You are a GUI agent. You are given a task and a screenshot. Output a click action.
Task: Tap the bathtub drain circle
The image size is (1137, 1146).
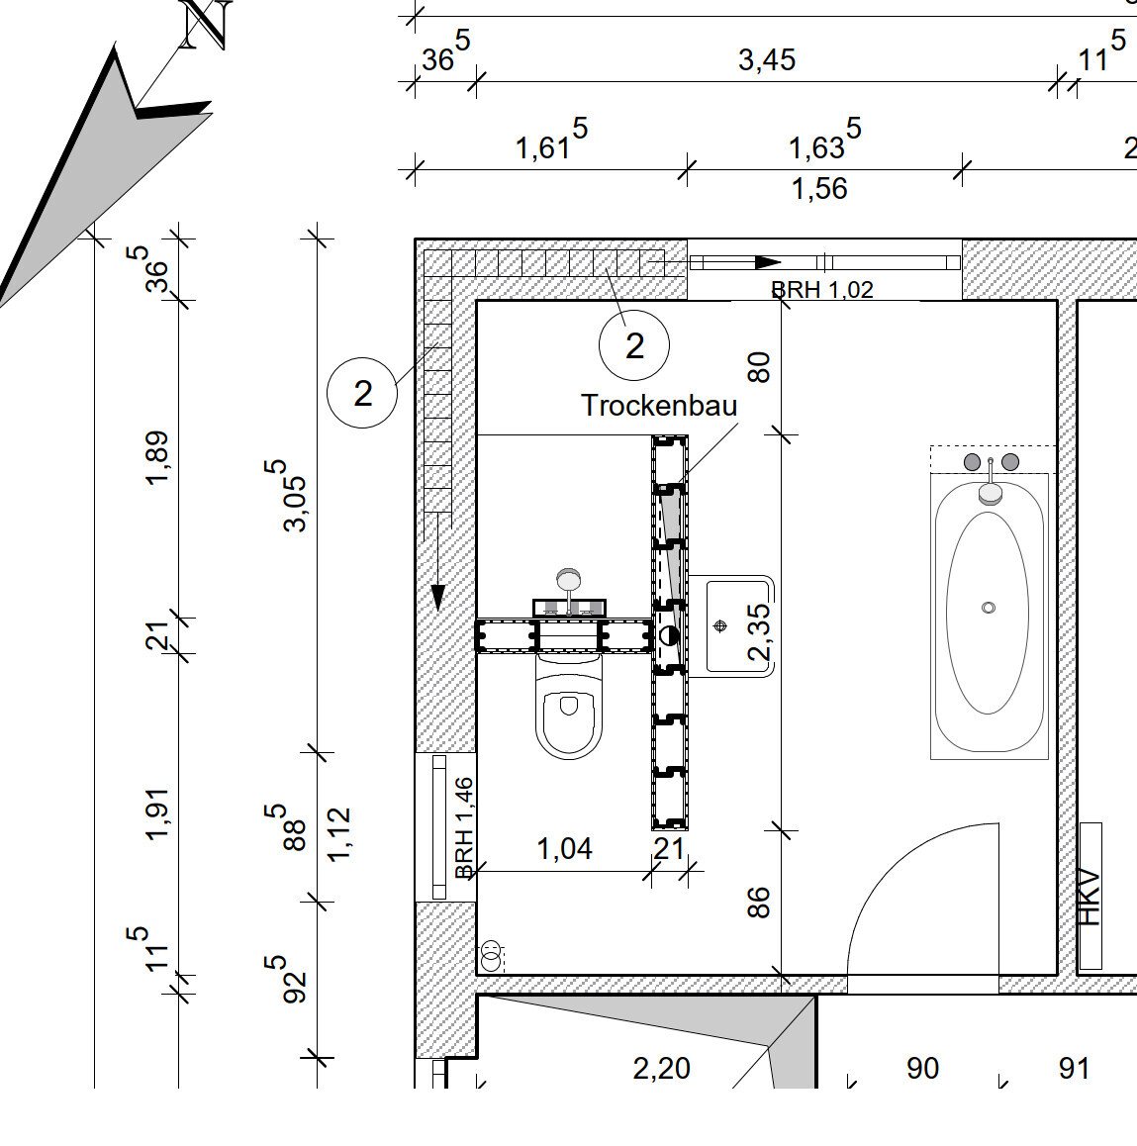(x=988, y=608)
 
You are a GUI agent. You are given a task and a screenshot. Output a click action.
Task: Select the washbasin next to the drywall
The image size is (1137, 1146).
(x=729, y=625)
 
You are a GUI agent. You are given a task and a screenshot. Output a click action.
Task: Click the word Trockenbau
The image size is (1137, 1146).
(x=658, y=405)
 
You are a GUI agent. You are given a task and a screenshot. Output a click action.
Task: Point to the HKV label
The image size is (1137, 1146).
(x=1090, y=897)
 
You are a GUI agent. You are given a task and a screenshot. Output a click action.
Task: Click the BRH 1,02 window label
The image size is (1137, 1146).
(x=821, y=290)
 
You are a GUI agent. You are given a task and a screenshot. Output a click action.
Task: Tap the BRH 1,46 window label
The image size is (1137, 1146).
(x=463, y=827)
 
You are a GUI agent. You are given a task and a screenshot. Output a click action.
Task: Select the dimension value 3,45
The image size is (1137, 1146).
(x=767, y=60)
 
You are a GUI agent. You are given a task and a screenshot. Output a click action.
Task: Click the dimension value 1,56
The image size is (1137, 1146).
(x=819, y=188)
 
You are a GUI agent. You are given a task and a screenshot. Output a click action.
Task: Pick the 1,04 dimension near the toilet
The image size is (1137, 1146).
(x=564, y=848)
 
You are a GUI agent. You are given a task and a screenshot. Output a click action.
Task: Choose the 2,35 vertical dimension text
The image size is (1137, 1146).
(x=759, y=631)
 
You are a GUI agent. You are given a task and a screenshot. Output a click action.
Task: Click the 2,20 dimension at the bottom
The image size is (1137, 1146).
(x=661, y=1068)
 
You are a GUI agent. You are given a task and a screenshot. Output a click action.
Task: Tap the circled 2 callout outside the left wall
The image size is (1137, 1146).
(x=362, y=393)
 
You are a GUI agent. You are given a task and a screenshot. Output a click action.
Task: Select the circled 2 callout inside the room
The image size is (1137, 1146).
(x=634, y=345)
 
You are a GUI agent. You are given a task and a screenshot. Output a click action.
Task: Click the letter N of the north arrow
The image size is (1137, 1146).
(x=206, y=24)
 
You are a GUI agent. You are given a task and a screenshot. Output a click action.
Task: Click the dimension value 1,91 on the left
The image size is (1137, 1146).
(x=158, y=813)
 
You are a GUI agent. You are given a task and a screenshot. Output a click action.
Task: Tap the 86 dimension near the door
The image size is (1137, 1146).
(x=758, y=902)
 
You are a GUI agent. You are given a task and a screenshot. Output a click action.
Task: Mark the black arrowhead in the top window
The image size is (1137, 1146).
(x=768, y=262)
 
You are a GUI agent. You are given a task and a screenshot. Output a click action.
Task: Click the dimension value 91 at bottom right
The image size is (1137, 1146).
(x=1074, y=1068)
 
